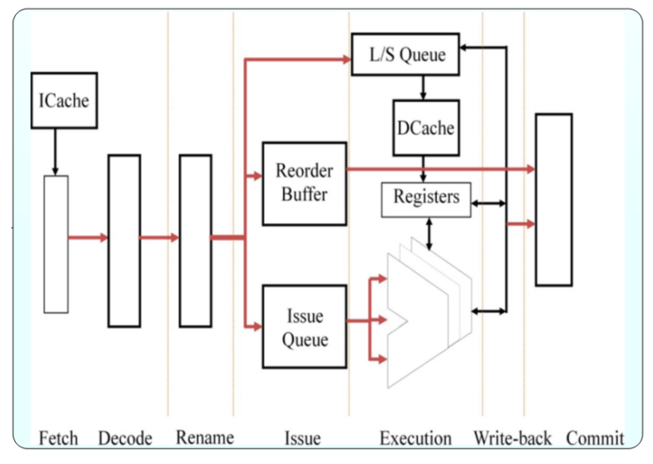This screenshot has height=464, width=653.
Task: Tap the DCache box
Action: [x=424, y=128]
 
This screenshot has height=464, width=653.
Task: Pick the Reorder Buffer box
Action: [x=304, y=183]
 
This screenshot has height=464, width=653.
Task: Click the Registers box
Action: [x=426, y=198]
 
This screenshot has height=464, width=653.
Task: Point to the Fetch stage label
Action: [x=58, y=438]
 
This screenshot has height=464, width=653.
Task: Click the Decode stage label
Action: [x=125, y=438]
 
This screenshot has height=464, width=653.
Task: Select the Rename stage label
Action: [x=205, y=437]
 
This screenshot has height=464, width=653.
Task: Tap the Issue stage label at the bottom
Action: [x=303, y=438]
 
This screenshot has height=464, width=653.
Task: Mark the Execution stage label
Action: [x=415, y=438]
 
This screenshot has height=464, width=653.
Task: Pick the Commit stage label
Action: [x=595, y=438]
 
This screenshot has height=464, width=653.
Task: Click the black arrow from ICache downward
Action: [x=55, y=151]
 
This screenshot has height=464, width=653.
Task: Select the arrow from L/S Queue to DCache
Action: [x=424, y=86]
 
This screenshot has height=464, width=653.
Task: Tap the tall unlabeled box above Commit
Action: [x=553, y=199]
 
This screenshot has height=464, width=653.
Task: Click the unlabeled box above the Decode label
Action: [x=125, y=240]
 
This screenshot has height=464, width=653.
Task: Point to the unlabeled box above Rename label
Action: [x=196, y=240]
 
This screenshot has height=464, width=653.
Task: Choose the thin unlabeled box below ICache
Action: [x=56, y=244]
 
